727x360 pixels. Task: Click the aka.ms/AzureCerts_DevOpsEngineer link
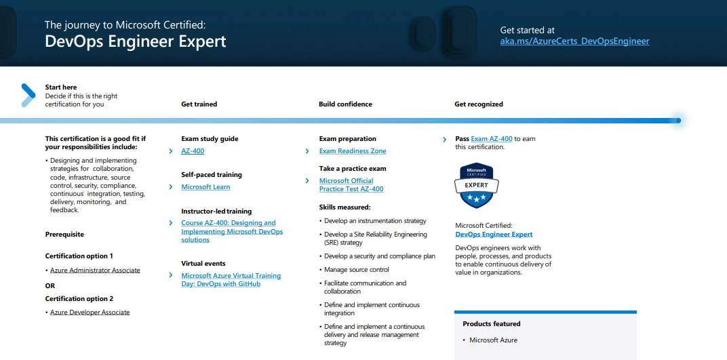pyautogui.click(x=574, y=41)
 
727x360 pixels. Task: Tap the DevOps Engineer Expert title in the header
pyautogui.click(x=135, y=41)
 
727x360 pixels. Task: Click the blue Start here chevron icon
pyautogui.click(x=28, y=95)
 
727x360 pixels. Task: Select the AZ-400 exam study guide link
pyautogui.click(x=193, y=151)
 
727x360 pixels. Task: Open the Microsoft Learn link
pyautogui.click(x=205, y=187)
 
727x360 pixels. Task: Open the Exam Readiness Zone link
pyautogui.click(x=353, y=151)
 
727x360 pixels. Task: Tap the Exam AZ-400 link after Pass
pyautogui.click(x=492, y=139)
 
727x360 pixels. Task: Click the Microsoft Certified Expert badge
pyautogui.click(x=477, y=185)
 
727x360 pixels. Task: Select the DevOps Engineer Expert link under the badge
pyautogui.click(x=494, y=235)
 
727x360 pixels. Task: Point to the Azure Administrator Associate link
pyautogui.click(x=95, y=271)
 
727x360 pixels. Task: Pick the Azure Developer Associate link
pyautogui.click(x=90, y=313)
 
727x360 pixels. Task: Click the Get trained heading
pyautogui.click(x=199, y=104)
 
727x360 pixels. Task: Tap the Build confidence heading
pyautogui.click(x=345, y=104)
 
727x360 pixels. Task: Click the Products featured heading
pyautogui.click(x=492, y=324)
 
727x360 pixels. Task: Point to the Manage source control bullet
pyautogui.click(x=356, y=270)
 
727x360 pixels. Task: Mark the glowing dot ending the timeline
pyautogui.click(x=677, y=121)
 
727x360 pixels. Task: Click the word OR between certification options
pyautogui.click(x=50, y=286)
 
